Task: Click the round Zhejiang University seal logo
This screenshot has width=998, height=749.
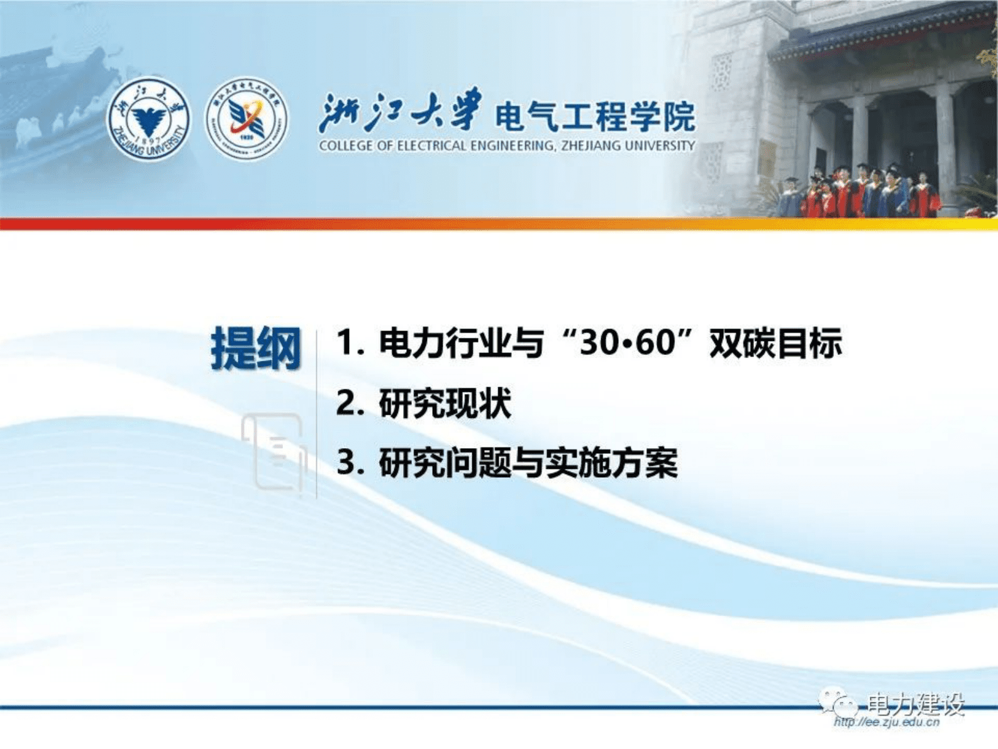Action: [148, 118]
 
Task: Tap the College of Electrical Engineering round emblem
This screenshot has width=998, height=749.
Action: [247, 118]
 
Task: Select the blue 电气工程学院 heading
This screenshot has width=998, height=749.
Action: [595, 116]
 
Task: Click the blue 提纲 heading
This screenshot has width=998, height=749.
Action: [256, 348]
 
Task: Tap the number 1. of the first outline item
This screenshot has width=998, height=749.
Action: [350, 343]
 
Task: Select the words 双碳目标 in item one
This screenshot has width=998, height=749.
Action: [775, 343]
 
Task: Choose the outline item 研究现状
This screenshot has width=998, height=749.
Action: [445, 403]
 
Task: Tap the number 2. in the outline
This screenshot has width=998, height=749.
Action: [350, 403]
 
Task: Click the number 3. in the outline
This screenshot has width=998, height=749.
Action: [350, 463]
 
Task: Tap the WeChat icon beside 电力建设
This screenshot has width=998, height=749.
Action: [837, 702]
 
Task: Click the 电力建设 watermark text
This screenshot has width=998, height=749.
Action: [915, 704]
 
